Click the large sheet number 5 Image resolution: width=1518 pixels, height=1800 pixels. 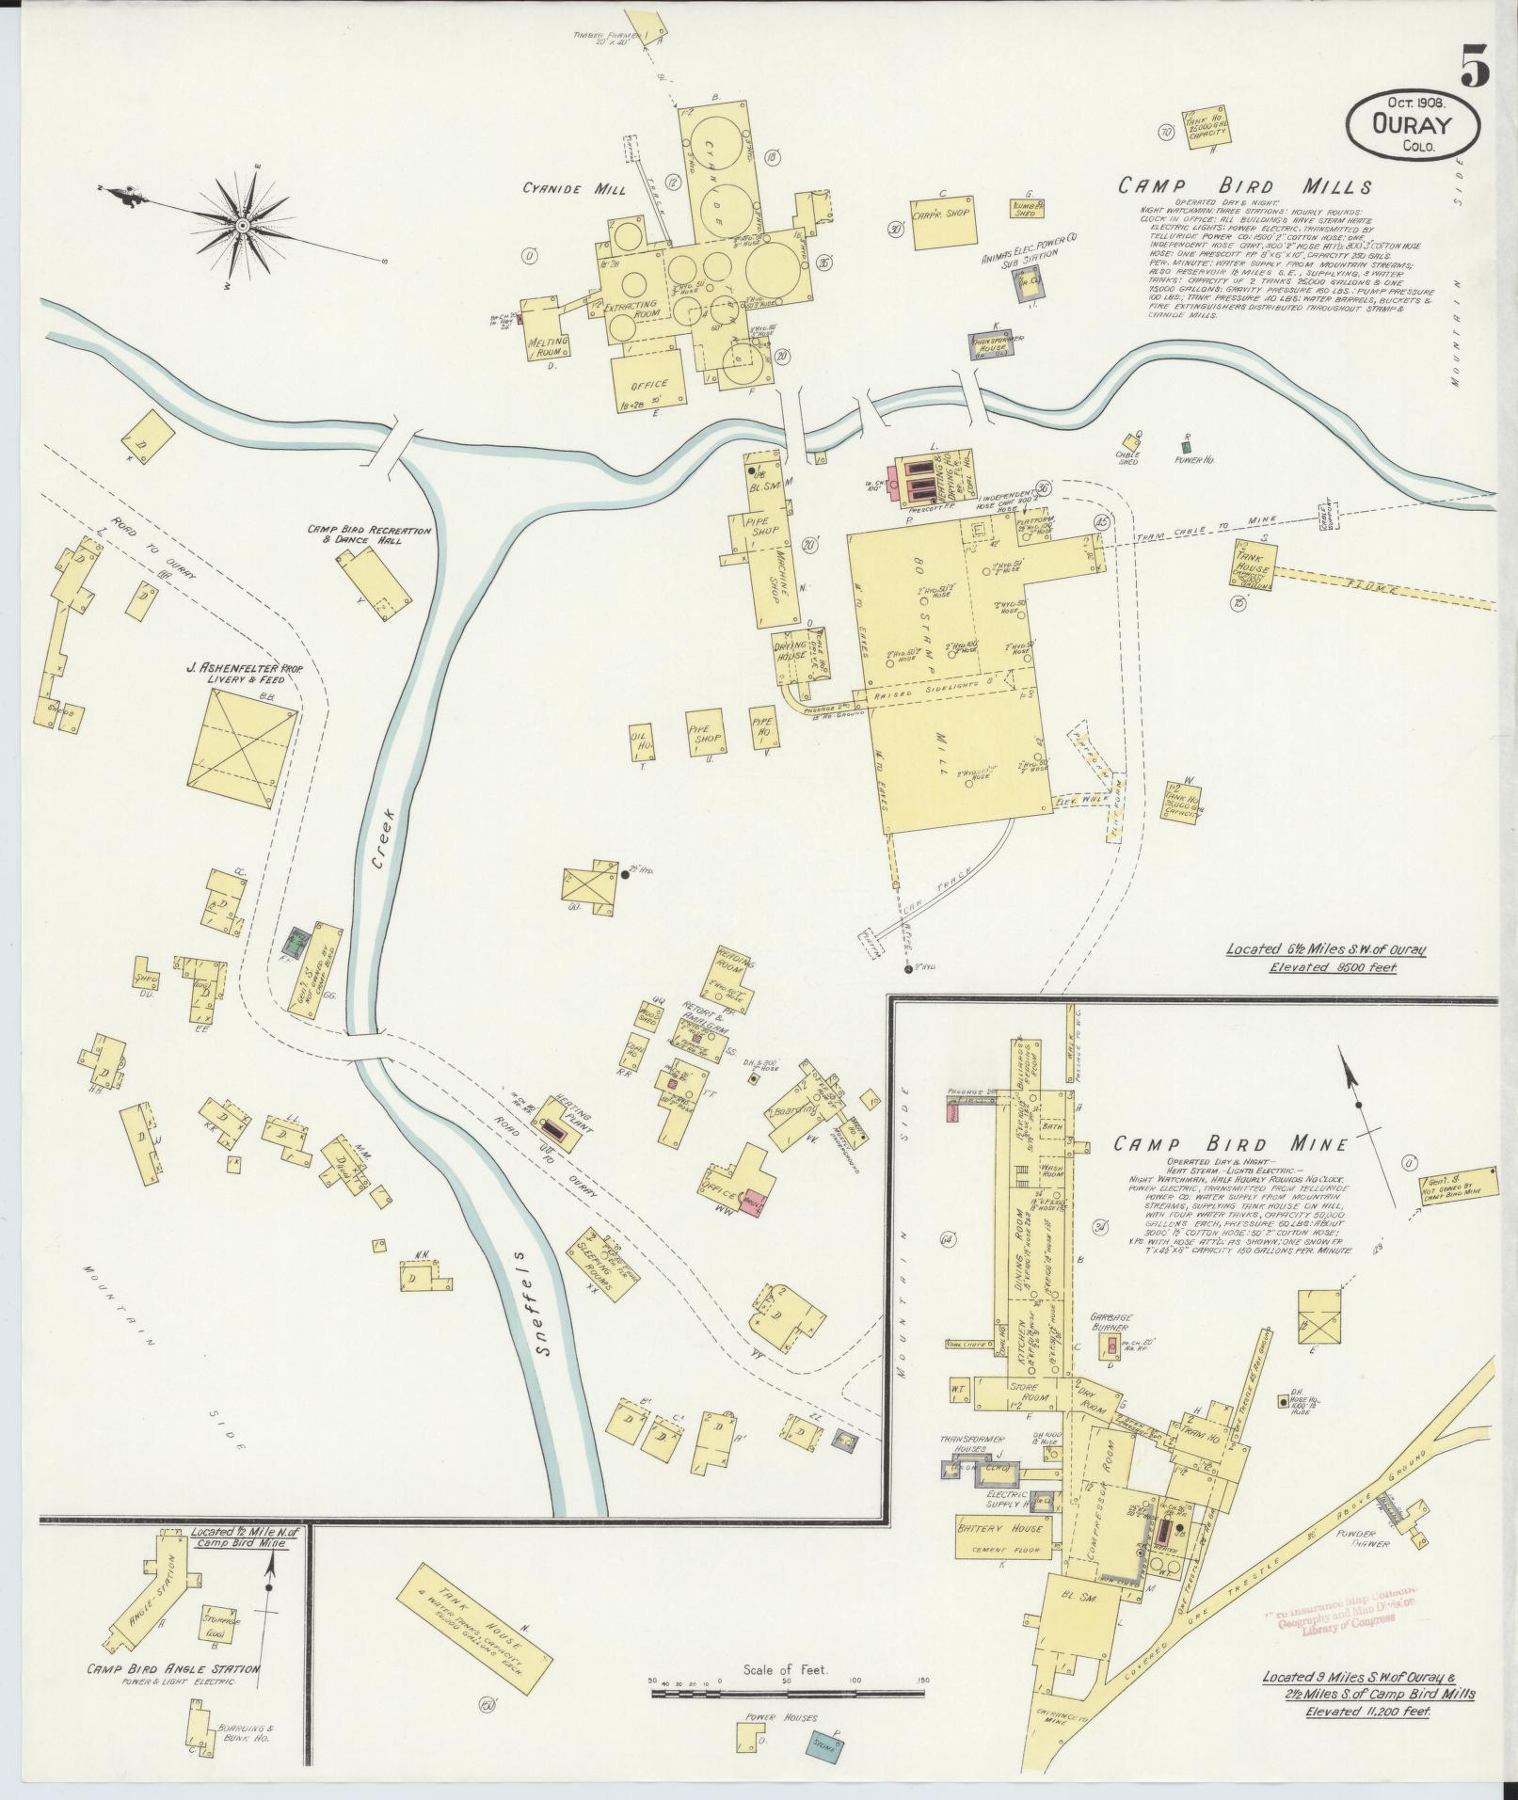click(1475, 66)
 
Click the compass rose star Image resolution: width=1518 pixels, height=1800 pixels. click(243, 225)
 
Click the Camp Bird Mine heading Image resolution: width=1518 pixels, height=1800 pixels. click(1231, 1144)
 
